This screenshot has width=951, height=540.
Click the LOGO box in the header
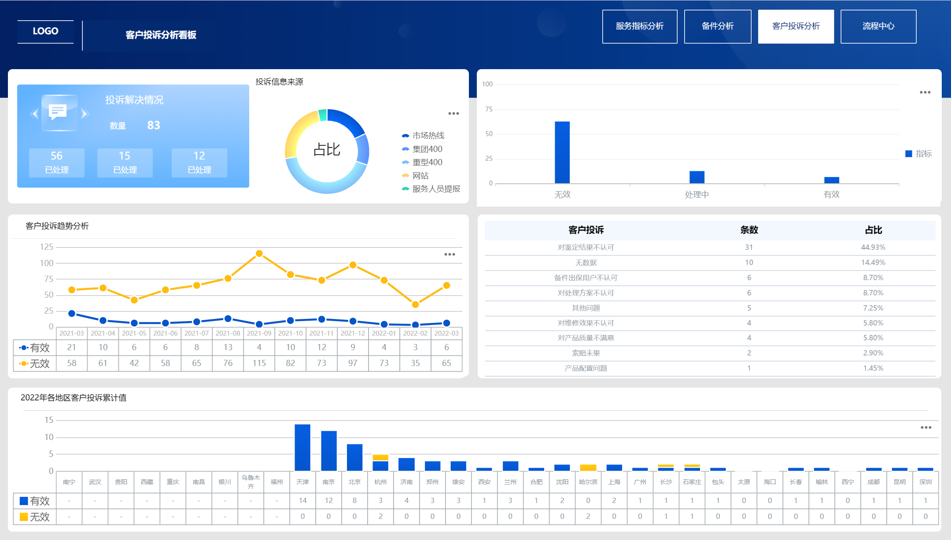[x=45, y=31]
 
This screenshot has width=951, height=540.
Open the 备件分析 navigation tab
[x=717, y=26]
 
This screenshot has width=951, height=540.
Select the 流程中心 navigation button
[x=878, y=26]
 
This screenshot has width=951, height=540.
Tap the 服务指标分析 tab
[x=639, y=26]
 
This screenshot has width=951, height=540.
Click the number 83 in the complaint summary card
[x=153, y=126]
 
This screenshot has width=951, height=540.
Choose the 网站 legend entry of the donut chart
[x=420, y=176]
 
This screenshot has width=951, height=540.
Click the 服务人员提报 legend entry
[x=435, y=189]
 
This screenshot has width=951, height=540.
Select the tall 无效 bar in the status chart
[x=562, y=152]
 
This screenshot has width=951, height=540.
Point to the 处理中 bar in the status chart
[x=697, y=177]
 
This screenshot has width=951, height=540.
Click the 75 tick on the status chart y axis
[x=489, y=109]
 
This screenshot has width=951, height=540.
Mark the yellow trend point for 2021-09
[x=259, y=254]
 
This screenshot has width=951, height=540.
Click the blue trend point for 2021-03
[x=72, y=314]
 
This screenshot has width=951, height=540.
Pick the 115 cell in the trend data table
[x=259, y=363]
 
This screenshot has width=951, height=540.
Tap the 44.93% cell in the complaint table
[x=873, y=248]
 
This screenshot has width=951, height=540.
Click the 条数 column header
[x=748, y=230]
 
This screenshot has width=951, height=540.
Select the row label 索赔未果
[x=586, y=353]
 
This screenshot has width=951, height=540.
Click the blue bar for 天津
[x=302, y=447]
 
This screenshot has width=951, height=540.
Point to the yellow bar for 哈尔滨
[x=588, y=468]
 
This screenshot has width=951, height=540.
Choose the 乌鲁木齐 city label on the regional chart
[x=251, y=482]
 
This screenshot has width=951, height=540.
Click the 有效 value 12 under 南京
[x=328, y=501]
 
